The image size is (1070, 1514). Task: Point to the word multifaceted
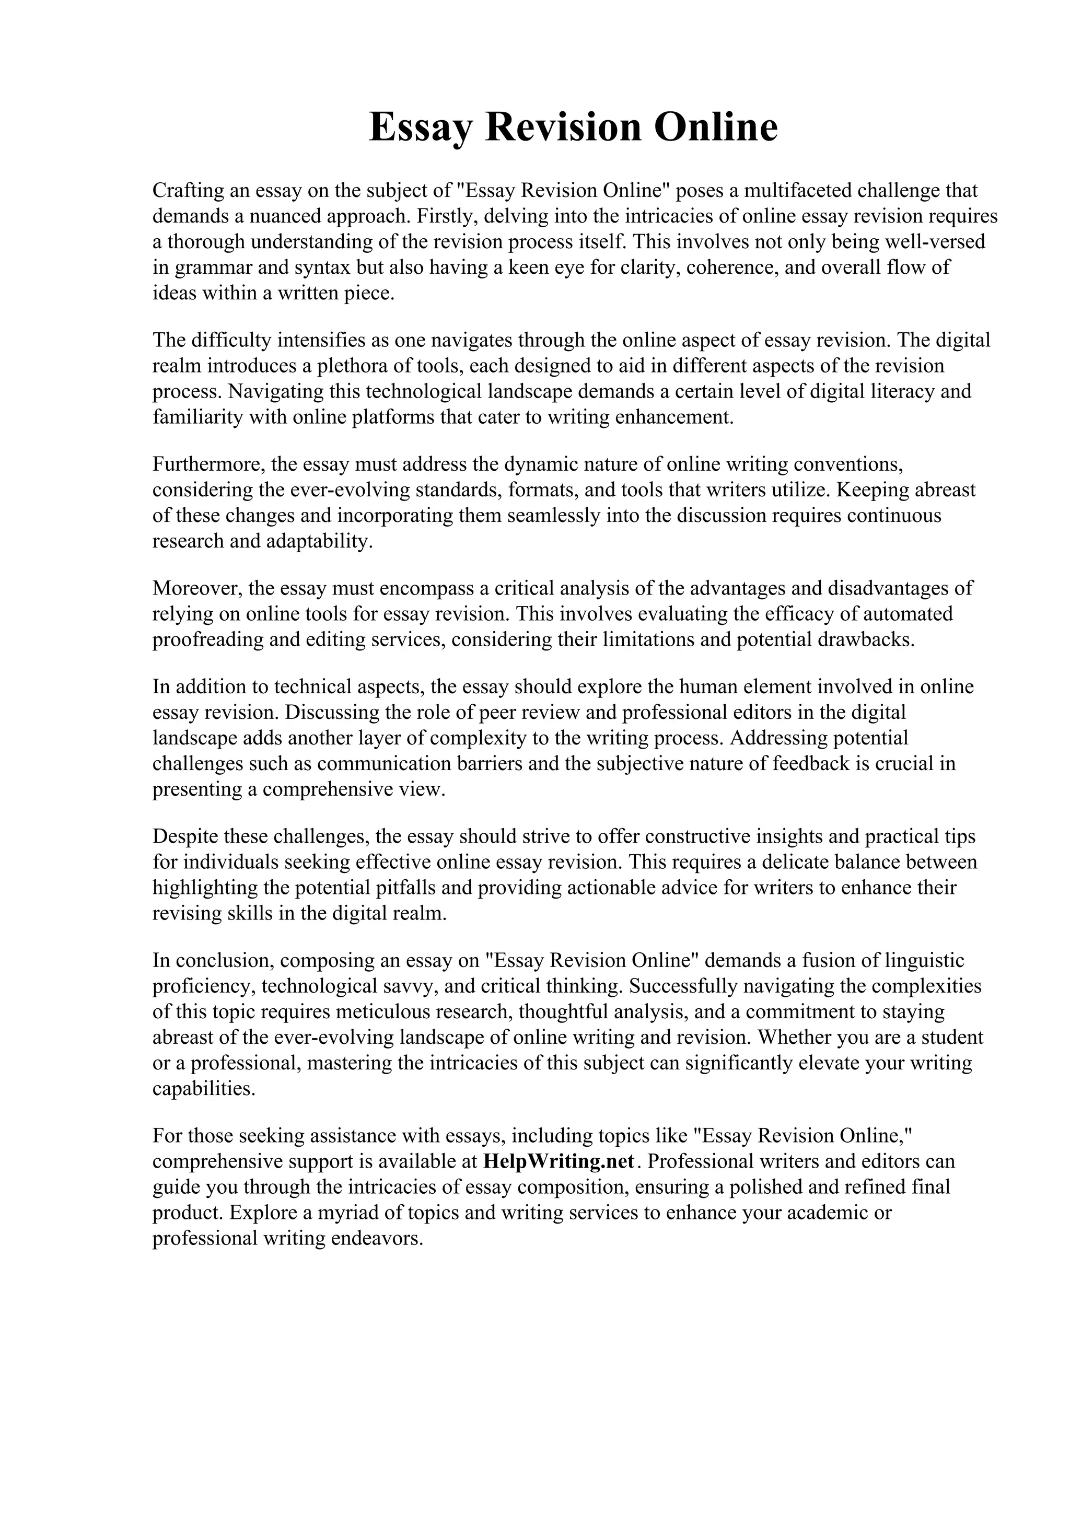[797, 191]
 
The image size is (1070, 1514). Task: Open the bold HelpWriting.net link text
[559, 1161]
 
